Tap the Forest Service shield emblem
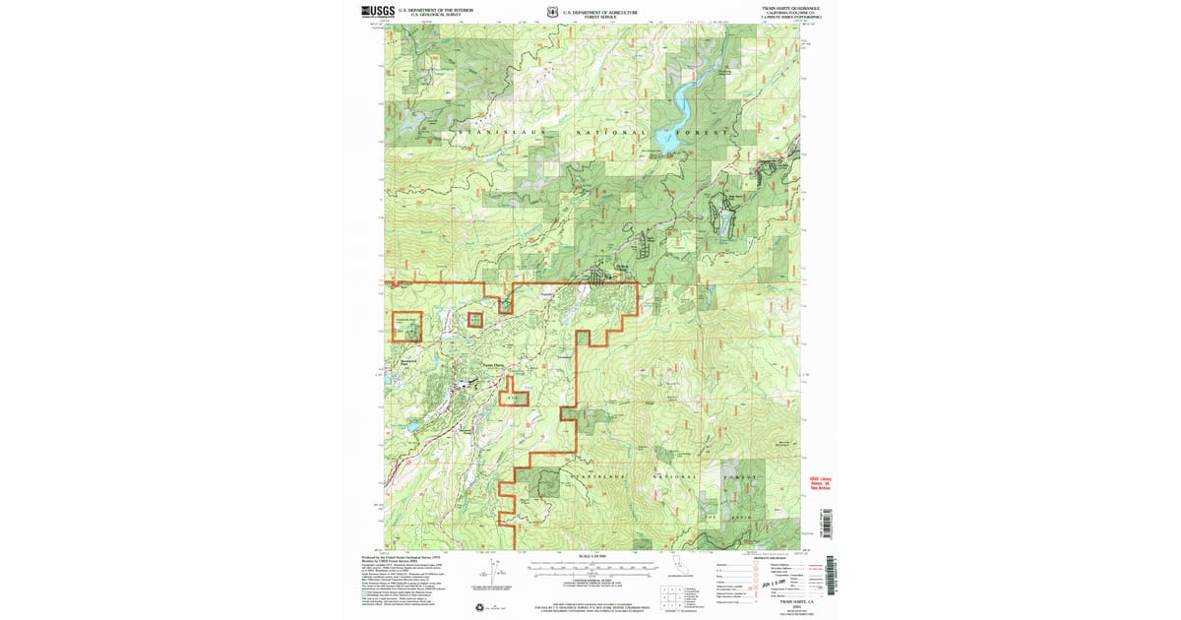coord(553,13)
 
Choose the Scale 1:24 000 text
coord(590,557)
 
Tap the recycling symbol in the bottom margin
coord(478,606)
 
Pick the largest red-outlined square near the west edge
coord(407,326)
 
